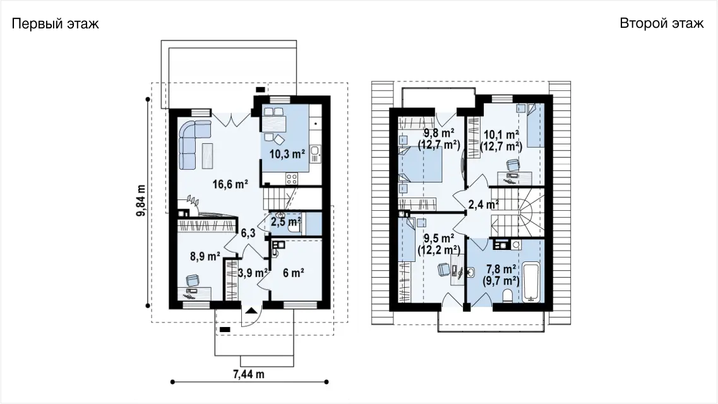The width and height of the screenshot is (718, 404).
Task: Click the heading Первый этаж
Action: pyautogui.click(x=56, y=24)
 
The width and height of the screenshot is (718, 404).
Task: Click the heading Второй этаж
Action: pyautogui.click(x=662, y=23)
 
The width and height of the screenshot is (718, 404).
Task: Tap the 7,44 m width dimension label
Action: pyautogui.click(x=249, y=374)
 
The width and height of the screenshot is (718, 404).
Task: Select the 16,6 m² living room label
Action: pyautogui.click(x=230, y=184)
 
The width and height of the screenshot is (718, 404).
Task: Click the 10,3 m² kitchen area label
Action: pyautogui.click(x=287, y=154)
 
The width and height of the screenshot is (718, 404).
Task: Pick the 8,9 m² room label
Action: pyautogui.click(x=205, y=256)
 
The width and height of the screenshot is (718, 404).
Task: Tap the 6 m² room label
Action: pyautogui.click(x=294, y=273)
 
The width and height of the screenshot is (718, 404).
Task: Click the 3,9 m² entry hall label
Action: pyautogui.click(x=253, y=273)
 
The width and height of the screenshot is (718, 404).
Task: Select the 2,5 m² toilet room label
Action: pyautogui.click(x=285, y=222)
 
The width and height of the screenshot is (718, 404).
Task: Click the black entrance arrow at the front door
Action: pyautogui.click(x=251, y=311)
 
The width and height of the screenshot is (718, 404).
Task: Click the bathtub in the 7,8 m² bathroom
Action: pyautogui.click(x=532, y=282)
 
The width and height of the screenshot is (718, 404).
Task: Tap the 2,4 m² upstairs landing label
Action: pyautogui.click(x=484, y=205)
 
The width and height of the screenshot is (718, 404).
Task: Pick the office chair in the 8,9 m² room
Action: pyautogui.click(x=193, y=280)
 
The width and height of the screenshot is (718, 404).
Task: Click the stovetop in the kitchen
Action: pyautogui.click(x=292, y=179)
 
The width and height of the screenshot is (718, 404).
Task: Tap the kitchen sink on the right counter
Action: pyautogui.click(x=316, y=154)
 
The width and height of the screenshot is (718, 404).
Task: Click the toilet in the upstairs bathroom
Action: pyautogui.click(x=507, y=297)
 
